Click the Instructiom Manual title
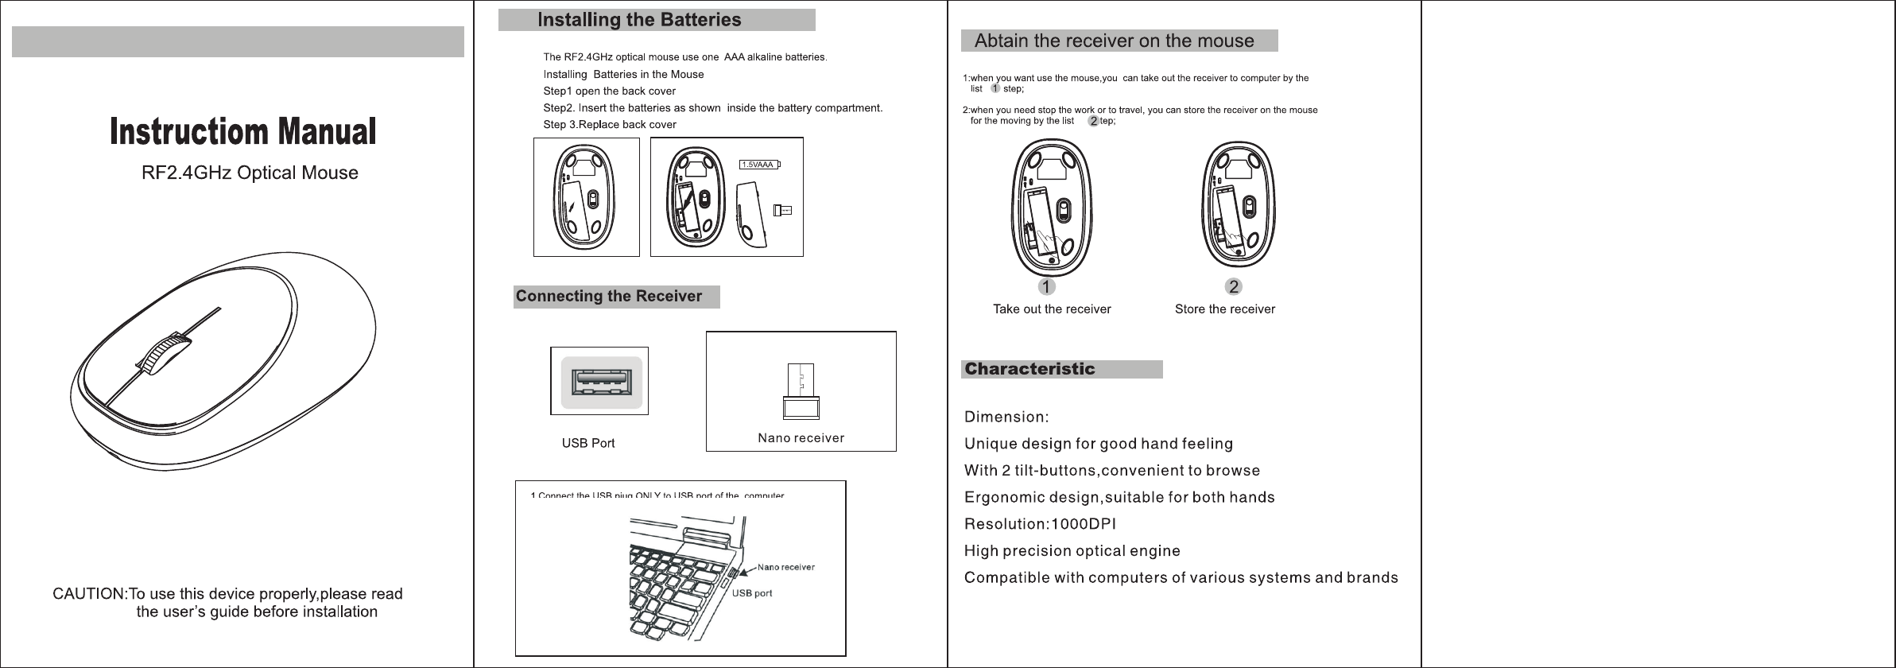(242, 133)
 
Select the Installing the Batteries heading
(639, 20)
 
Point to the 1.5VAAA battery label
(758, 165)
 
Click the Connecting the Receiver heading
(609, 297)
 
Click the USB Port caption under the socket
(588, 443)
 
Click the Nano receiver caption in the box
(801, 438)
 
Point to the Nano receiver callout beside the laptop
(785, 567)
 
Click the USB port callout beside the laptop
(751, 593)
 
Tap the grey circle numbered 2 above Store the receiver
(1233, 285)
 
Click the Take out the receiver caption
(1052, 309)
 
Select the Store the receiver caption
(1224, 309)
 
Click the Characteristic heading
(1029, 369)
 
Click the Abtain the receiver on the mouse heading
(1114, 41)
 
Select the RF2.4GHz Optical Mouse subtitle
(250, 173)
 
